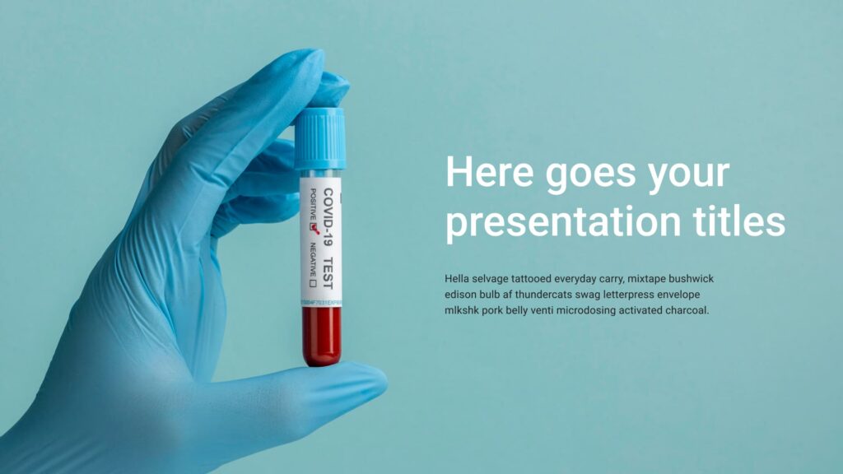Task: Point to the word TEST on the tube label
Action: (328, 272)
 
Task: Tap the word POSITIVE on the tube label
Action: (313, 204)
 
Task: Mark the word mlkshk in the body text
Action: (463, 310)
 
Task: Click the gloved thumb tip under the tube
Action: (362, 379)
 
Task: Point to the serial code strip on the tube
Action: (321, 303)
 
